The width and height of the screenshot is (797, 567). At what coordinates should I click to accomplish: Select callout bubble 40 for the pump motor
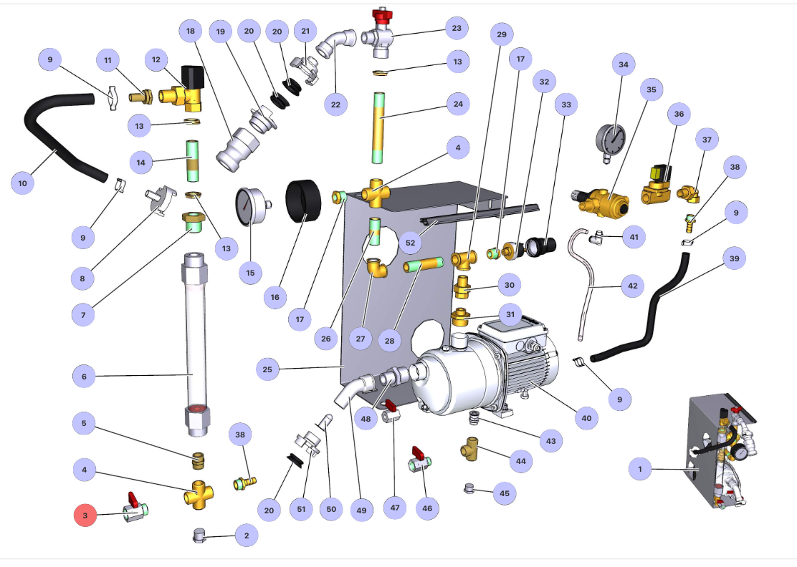point(586,417)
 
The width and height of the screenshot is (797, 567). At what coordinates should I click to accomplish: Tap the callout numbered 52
point(409,242)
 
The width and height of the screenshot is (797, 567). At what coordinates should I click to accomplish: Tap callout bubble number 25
point(268,369)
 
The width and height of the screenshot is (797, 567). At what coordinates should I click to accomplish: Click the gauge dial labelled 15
point(248,208)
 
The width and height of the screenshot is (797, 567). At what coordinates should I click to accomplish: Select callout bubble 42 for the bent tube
point(631,286)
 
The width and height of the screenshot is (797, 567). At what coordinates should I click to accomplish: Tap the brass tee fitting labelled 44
point(471,451)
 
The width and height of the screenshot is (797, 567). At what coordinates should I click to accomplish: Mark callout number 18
point(190,31)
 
